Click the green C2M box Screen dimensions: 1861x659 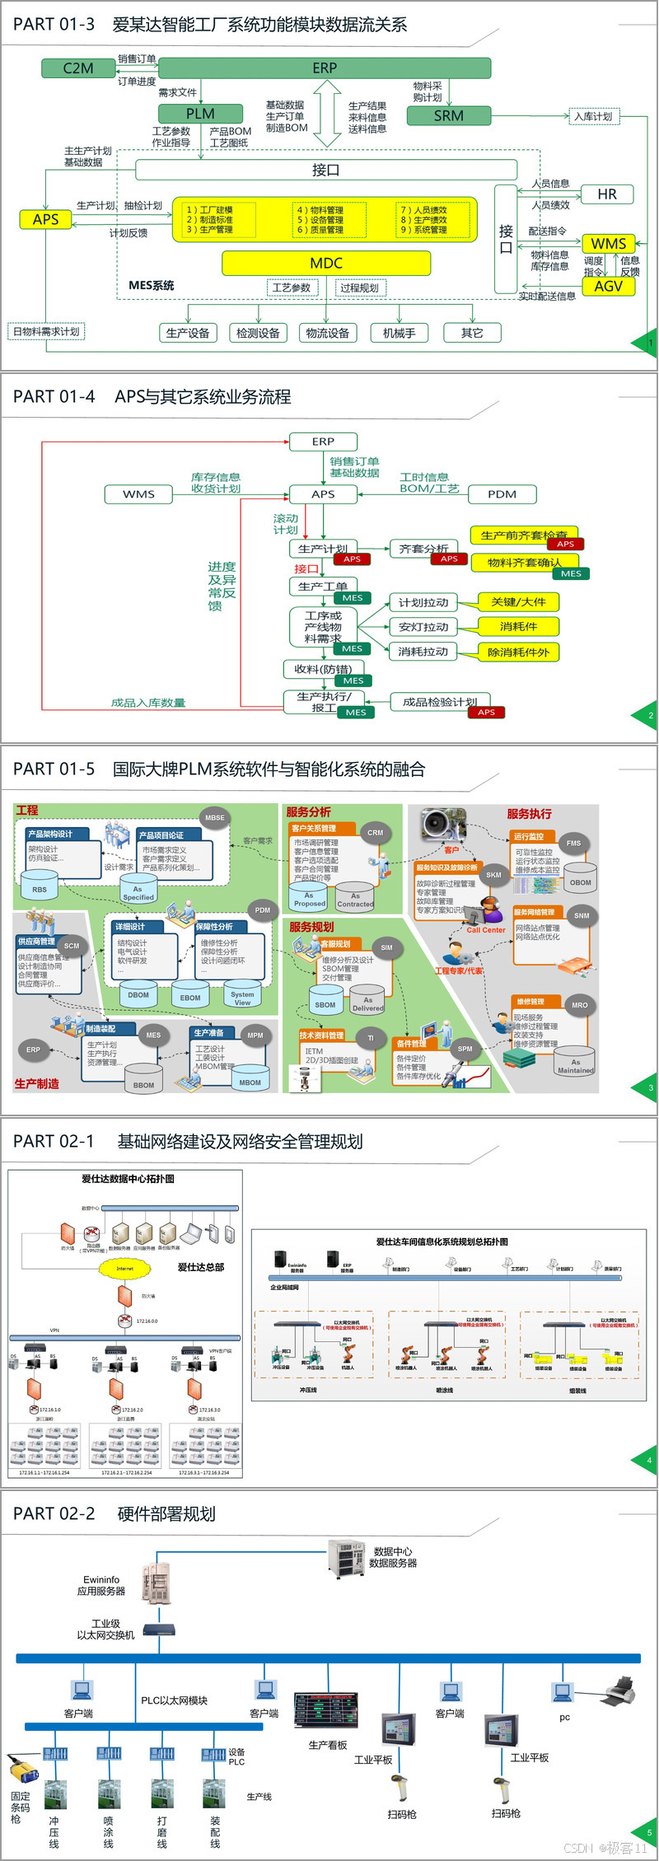78,68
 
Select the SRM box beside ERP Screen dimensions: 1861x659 448,116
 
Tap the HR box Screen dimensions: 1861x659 607,194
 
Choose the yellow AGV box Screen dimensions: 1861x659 609,287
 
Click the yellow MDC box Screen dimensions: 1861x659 326,264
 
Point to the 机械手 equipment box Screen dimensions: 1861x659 400,333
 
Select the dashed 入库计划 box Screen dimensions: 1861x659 593,116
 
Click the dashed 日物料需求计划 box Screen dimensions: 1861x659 47,332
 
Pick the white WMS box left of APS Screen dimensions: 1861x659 138,494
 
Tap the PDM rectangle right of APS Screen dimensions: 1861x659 502,494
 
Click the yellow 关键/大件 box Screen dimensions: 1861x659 518,602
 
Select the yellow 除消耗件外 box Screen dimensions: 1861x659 518,652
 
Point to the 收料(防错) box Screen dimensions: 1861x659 324,669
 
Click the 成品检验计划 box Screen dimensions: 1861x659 439,702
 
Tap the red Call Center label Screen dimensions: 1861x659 486,930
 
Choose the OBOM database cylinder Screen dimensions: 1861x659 580,881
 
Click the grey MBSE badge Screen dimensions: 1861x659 215,817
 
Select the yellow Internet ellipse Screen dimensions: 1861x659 124,1269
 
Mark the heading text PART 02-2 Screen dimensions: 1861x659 54,1513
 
